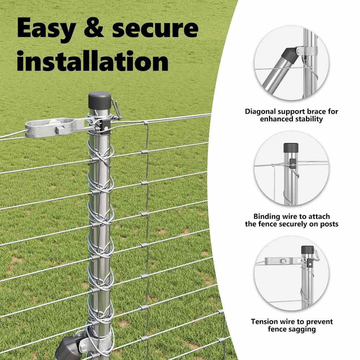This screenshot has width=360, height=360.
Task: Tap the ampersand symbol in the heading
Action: [94, 28]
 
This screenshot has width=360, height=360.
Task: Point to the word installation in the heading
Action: [93, 61]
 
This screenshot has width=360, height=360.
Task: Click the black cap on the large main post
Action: [100, 101]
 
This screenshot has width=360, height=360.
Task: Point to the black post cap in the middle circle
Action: [291, 148]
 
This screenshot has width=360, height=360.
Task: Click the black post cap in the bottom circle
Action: [307, 250]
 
